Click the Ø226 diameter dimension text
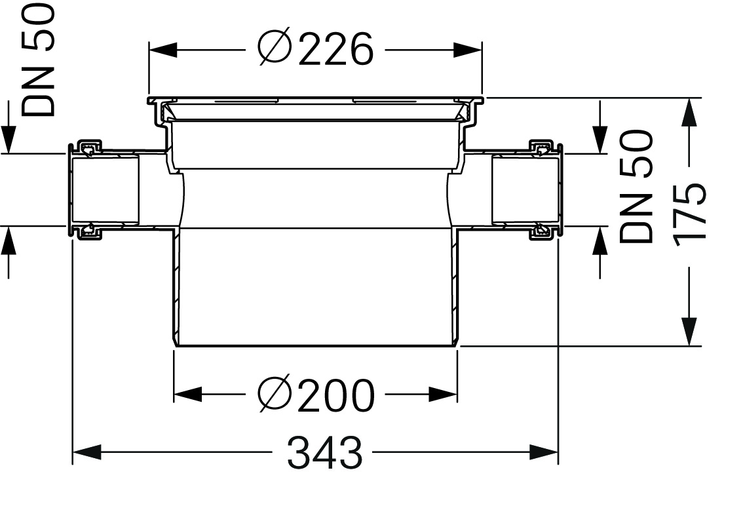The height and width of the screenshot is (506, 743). (316, 49)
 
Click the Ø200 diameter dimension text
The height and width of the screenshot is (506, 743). (316, 395)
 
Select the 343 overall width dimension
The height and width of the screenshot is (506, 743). (324, 452)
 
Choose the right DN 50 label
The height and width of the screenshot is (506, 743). (636, 187)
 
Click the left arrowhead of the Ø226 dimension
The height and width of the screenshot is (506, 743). (164, 49)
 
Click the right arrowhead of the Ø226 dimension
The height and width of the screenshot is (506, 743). (468, 49)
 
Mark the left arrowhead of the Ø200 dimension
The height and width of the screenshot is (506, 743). (188, 394)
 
